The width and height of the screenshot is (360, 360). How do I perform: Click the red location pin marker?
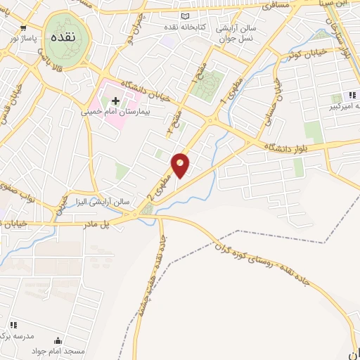pyautogui.click(x=181, y=165)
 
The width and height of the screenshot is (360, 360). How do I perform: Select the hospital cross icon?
pyautogui.click(x=116, y=101)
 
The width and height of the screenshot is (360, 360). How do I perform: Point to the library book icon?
pyautogui.click(x=185, y=15)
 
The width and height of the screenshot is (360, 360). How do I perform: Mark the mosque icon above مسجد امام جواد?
pyautogui.click(x=67, y=341)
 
